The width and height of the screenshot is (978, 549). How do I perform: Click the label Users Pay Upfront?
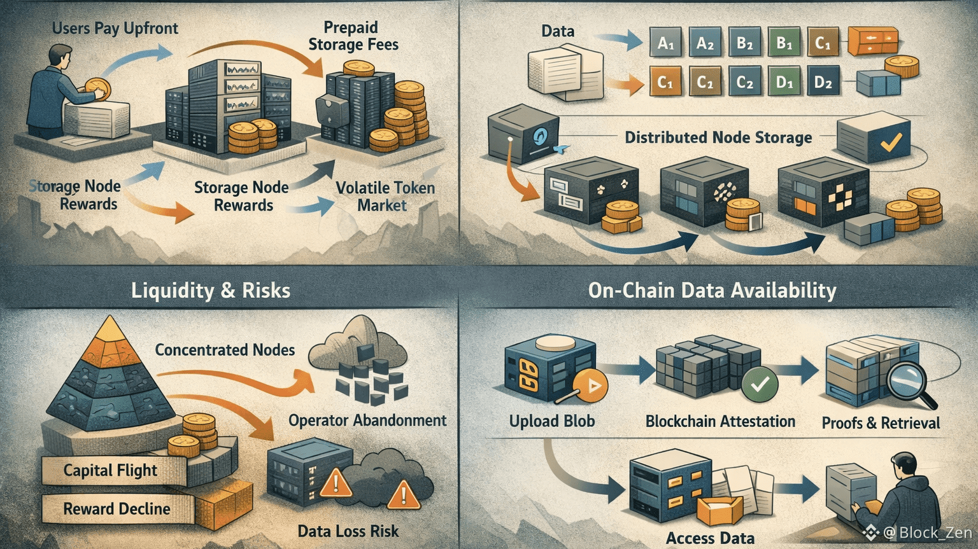tap(115, 29)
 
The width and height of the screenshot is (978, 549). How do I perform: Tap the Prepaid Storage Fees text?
tap(353, 36)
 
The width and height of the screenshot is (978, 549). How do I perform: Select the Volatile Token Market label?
tap(385, 197)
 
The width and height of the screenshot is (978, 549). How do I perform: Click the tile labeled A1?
tap(665, 43)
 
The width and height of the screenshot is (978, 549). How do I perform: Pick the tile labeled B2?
tap(745, 43)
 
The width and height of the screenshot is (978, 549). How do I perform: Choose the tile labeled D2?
tap(823, 83)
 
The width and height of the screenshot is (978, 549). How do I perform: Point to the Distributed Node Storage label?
tap(718, 137)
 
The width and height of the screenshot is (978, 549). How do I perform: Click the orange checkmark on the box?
tap(890, 141)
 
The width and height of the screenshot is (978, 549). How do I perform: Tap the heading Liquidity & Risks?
tap(211, 291)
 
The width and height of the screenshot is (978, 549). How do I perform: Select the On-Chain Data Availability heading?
tap(712, 291)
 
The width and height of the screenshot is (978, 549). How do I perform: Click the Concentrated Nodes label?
tap(225, 350)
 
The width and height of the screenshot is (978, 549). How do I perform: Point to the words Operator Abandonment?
tap(367, 420)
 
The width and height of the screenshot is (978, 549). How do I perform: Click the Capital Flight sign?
tap(110, 470)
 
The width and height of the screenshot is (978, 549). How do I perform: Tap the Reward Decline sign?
tap(117, 509)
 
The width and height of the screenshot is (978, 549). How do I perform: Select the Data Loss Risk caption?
tap(348, 531)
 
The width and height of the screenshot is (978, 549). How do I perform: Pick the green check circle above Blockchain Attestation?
tap(760, 384)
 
